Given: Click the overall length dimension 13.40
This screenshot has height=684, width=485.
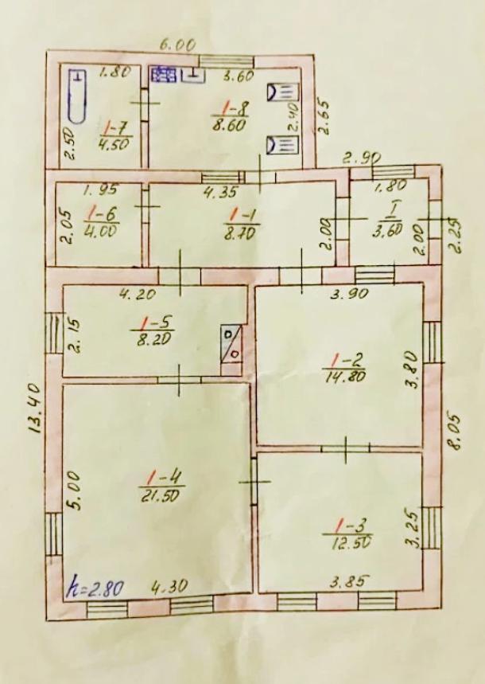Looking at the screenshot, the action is (33, 408).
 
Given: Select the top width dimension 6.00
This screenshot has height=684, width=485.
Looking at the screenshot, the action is (177, 45).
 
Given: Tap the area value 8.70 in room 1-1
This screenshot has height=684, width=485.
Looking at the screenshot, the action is (242, 230).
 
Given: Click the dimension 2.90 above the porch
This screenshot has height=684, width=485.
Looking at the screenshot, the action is (361, 158).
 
